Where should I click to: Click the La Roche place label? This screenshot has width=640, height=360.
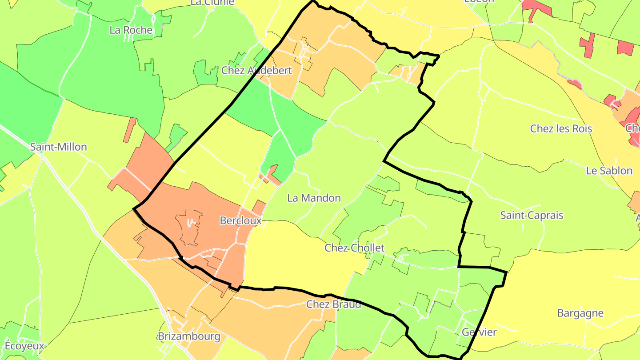tap(131, 30)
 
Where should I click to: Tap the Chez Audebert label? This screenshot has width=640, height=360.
tap(256, 70)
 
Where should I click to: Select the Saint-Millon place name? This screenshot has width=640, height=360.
tap(59, 147)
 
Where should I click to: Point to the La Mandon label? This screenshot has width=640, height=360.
tap(314, 198)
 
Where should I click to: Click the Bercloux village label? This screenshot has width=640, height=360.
tap(240, 220)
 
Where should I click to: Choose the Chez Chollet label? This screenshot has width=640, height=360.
tap(354, 248)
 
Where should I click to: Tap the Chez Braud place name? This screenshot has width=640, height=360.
tap(333, 304)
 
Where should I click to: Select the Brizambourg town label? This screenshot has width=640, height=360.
tap(189, 336)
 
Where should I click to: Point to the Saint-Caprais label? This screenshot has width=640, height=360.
tap(532, 216)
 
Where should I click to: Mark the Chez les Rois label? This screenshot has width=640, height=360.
tap(561, 129)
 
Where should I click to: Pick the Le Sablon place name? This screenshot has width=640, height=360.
tap(609, 171)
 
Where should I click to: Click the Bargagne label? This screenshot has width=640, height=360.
tap(580, 313)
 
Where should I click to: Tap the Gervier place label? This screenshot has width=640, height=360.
tap(479, 332)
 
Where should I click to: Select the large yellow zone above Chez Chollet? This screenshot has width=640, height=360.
tap(302, 253)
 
